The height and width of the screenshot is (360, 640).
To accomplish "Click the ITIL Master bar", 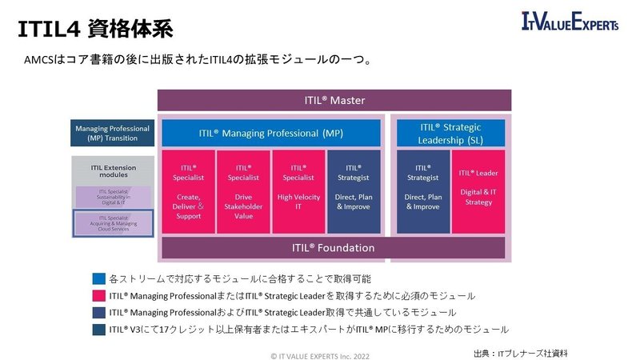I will (334, 101).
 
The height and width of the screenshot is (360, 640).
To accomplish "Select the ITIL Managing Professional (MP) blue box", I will (271, 133).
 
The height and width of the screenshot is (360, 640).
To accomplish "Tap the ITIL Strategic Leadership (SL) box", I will (451, 134).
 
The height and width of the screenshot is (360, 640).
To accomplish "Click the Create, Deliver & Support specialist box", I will (188, 191).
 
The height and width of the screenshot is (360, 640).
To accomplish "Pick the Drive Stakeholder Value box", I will (243, 191).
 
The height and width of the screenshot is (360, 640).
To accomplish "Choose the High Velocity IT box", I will (298, 191).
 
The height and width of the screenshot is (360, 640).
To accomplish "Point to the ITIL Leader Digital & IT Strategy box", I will (478, 191).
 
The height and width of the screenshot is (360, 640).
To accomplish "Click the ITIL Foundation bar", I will (334, 248).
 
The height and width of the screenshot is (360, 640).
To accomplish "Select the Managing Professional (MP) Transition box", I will (112, 134).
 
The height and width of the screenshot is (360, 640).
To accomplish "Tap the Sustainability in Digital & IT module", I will (112, 195).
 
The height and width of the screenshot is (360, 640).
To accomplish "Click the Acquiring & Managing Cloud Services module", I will (112, 223).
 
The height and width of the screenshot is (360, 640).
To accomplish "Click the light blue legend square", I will (98, 279).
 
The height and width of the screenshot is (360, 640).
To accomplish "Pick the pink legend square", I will (98, 296).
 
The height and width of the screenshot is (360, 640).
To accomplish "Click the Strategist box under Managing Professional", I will (354, 191).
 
